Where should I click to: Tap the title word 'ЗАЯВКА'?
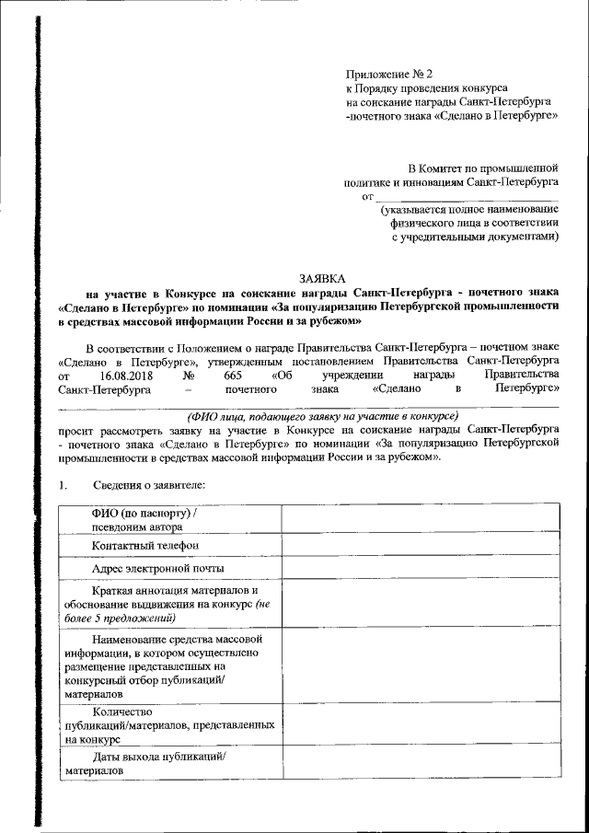point(321,277)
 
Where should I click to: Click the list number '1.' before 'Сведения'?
point(63,484)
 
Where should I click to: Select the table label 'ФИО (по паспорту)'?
point(144,513)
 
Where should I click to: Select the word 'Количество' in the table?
point(123,712)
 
